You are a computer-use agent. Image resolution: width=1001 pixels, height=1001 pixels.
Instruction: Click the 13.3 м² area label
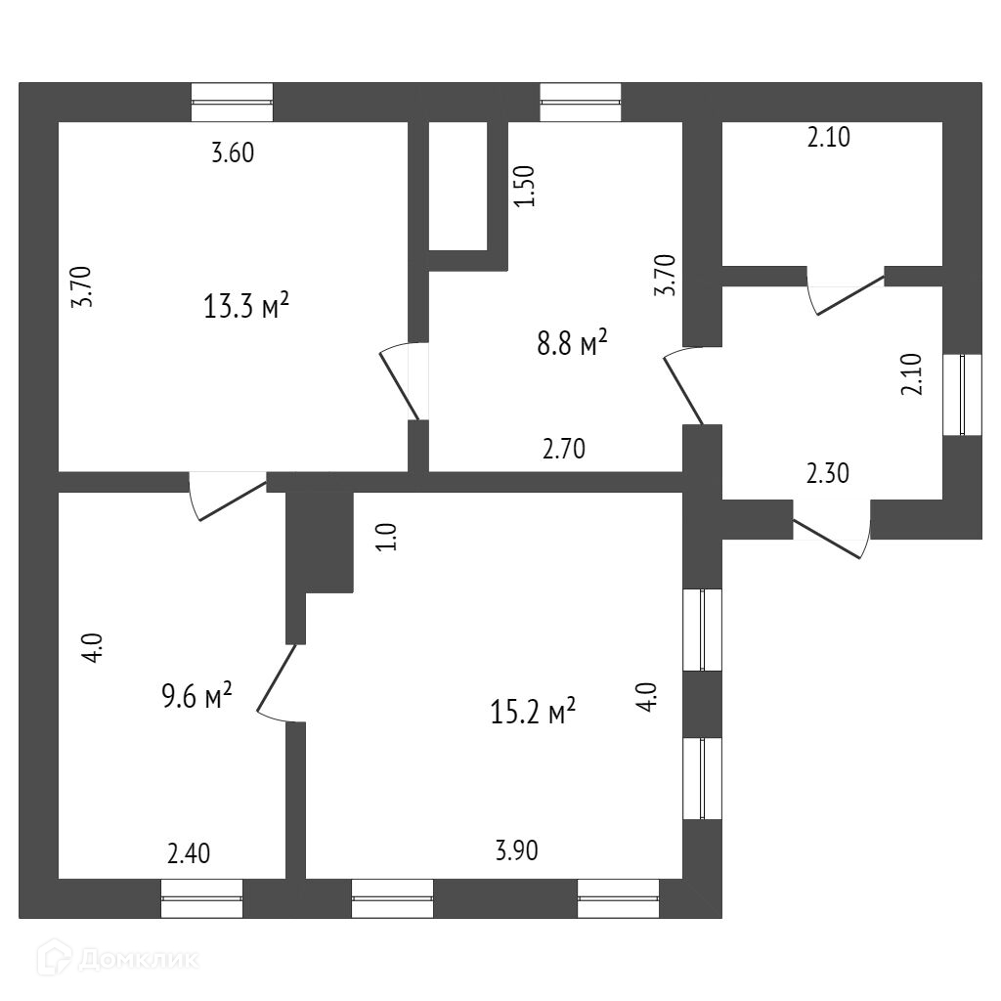point(246,307)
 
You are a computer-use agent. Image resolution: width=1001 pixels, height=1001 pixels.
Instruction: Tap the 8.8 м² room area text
point(573,343)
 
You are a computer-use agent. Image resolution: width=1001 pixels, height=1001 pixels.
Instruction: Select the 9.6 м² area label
point(196,697)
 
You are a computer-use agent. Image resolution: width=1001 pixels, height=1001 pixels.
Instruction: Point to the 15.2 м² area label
point(533,712)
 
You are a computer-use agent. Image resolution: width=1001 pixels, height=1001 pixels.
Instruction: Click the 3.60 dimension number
point(234,152)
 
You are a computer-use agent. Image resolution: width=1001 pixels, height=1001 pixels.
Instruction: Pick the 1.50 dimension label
point(525,186)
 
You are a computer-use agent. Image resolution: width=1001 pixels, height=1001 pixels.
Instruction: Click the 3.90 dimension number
point(516,851)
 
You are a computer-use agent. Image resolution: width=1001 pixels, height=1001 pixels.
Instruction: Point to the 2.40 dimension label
point(189,853)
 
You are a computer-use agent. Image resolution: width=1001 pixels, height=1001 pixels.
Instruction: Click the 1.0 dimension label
point(387,537)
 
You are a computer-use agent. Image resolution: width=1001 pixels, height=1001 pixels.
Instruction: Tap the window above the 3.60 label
point(232,102)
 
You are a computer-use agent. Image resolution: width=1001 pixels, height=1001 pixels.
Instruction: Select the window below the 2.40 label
point(201,897)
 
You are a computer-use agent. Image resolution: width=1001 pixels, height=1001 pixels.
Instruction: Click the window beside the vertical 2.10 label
point(961,394)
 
